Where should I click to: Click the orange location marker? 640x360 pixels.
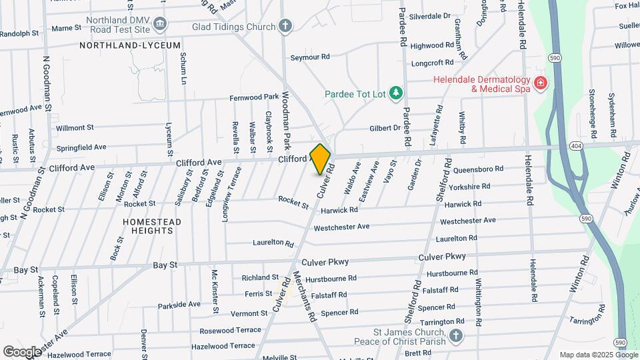tap(321, 159)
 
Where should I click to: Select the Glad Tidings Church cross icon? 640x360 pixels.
tap(285, 27)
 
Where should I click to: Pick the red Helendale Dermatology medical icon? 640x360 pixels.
tap(541, 83)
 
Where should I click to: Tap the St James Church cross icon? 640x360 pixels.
tap(455, 337)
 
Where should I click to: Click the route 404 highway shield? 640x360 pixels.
tap(575, 145)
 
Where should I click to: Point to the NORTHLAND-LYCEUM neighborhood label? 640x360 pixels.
tap(130, 45)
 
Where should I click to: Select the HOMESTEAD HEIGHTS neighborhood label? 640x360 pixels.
tap(148, 226)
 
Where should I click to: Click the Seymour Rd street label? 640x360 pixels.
tap(310, 57)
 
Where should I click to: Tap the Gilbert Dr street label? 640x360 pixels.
tap(385, 128)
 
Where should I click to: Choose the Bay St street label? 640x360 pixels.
tap(165, 265)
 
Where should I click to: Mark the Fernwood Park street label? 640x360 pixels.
tap(254, 97)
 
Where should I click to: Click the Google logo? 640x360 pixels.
tap(21, 351)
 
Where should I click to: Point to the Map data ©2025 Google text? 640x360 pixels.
tap(598, 355)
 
